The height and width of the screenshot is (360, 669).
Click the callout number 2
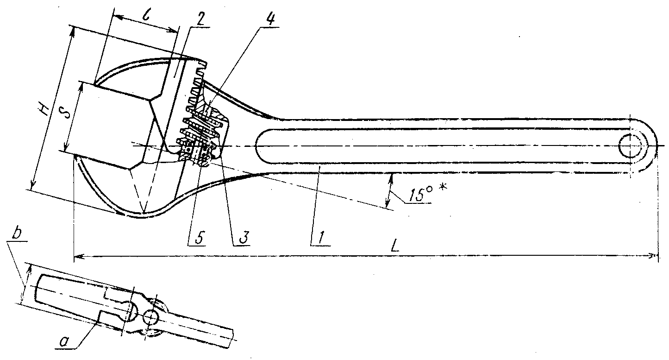tap(200, 19)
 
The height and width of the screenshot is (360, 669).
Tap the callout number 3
tap(242, 236)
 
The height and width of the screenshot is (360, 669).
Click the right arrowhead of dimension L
tap(655, 255)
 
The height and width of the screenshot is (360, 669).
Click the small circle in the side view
tap(151, 318)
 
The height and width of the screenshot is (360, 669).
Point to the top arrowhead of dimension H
tap(72, 29)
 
